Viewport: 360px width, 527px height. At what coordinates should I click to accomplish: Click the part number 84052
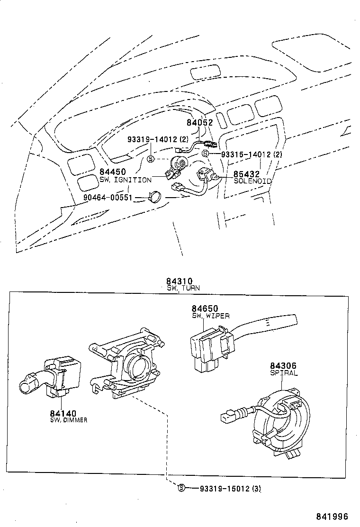pyautogui.click(x=200, y=122)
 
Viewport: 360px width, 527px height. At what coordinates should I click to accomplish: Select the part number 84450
pyautogui.click(x=113, y=172)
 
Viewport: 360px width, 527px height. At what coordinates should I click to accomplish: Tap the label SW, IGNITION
pyautogui.click(x=126, y=180)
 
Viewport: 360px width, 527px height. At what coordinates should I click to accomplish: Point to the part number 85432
pyautogui.click(x=246, y=174)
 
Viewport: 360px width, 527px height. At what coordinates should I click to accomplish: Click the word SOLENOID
pyautogui.click(x=253, y=181)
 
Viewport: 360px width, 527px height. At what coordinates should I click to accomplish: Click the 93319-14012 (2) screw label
pyautogui.click(x=158, y=139)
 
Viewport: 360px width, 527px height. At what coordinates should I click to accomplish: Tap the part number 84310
pyautogui.click(x=180, y=281)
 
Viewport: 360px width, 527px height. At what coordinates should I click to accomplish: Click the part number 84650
pyautogui.click(x=205, y=309)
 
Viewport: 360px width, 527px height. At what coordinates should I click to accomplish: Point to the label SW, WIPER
pyautogui.click(x=211, y=316)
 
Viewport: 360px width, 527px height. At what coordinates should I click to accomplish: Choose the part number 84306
pyautogui.click(x=283, y=366)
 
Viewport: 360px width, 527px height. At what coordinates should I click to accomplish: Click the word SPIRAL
pyautogui.click(x=284, y=373)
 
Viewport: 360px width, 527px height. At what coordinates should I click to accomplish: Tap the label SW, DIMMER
pyautogui.click(x=69, y=420)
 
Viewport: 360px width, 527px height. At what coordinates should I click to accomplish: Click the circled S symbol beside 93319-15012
pyautogui.click(x=180, y=488)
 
